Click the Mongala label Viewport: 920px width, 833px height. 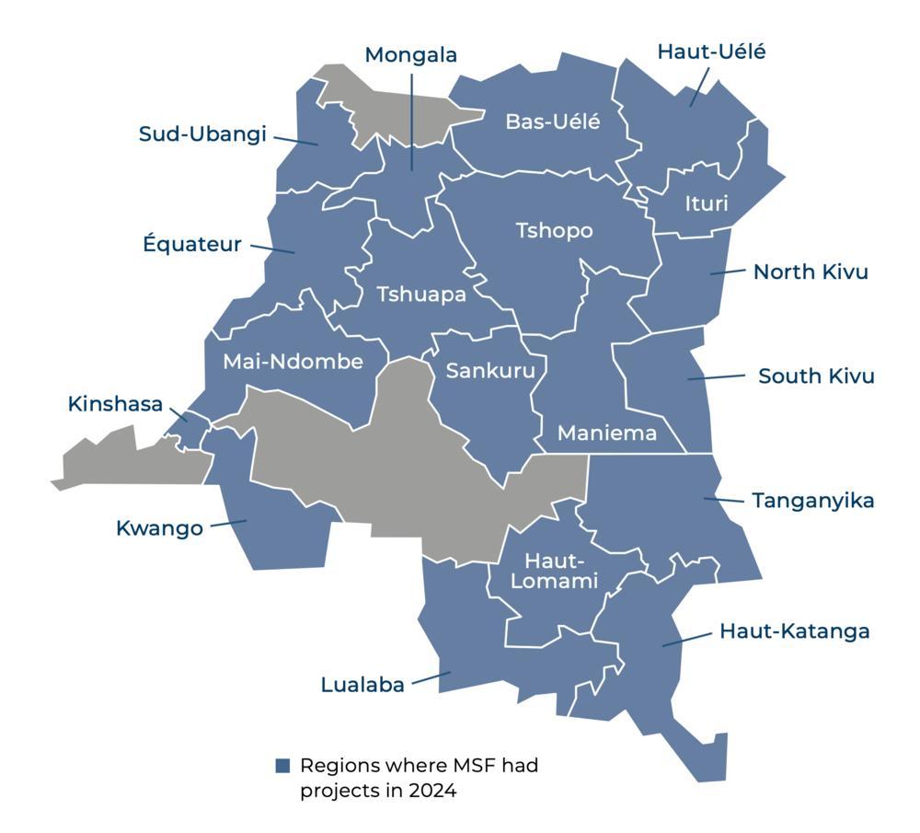[x=410, y=55]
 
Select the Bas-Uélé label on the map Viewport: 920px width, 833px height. [x=552, y=121]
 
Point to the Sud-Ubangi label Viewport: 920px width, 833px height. [x=202, y=134]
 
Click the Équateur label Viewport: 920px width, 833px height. [x=192, y=245]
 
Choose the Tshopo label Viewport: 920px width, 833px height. [x=554, y=230]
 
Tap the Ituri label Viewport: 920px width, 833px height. [x=706, y=203]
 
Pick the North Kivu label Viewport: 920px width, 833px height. [x=811, y=272]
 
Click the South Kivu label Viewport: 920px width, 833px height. [x=816, y=376]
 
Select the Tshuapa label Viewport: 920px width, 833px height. [x=421, y=295]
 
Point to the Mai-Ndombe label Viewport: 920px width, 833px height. [x=293, y=362]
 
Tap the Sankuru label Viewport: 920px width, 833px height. [x=484, y=371]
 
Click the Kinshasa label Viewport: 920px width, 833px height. [x=115, y=404]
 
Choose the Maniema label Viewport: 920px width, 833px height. [x=607, y=433]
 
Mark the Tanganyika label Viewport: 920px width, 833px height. [x=812, y=501]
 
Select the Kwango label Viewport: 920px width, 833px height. [x=159, y=528]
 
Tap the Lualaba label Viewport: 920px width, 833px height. [x=362, y=685]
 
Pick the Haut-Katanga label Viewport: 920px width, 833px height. [x=794, y=631]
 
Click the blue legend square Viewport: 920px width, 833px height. [x=283, y=766]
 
